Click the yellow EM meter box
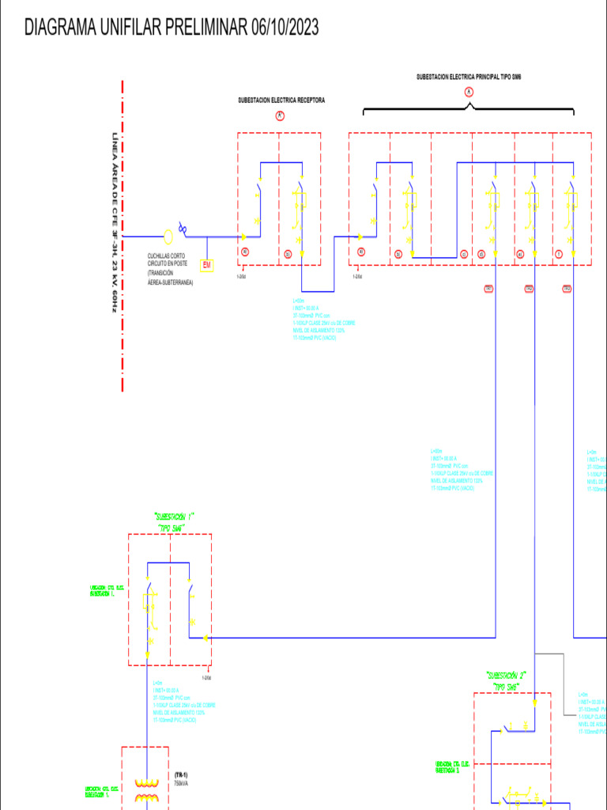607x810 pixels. pos(207,264)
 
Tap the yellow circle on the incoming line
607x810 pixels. pos(168,236)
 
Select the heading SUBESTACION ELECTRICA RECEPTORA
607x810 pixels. pos(281,100)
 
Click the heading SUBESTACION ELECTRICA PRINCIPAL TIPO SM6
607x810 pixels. pos(469,78)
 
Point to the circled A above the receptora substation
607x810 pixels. pos(280,115)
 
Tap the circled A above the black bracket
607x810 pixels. pos(469,93)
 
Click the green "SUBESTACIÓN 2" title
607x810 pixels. pos(506,676)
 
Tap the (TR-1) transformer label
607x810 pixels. pos(181,774)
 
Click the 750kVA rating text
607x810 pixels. pos(182,783)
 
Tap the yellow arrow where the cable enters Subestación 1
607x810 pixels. pos(205,638)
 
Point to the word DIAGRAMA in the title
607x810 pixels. pos(60,28)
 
